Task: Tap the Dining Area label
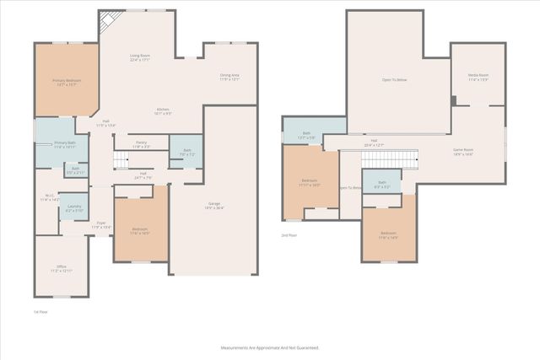coord(229,78)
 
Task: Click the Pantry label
coord(141,143)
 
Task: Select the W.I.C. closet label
coord(49,198)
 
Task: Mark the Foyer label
coord(101,225)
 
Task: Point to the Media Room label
coord(478,77)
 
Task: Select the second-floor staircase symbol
coord(402,159)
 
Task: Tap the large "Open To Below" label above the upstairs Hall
coord(394,79)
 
